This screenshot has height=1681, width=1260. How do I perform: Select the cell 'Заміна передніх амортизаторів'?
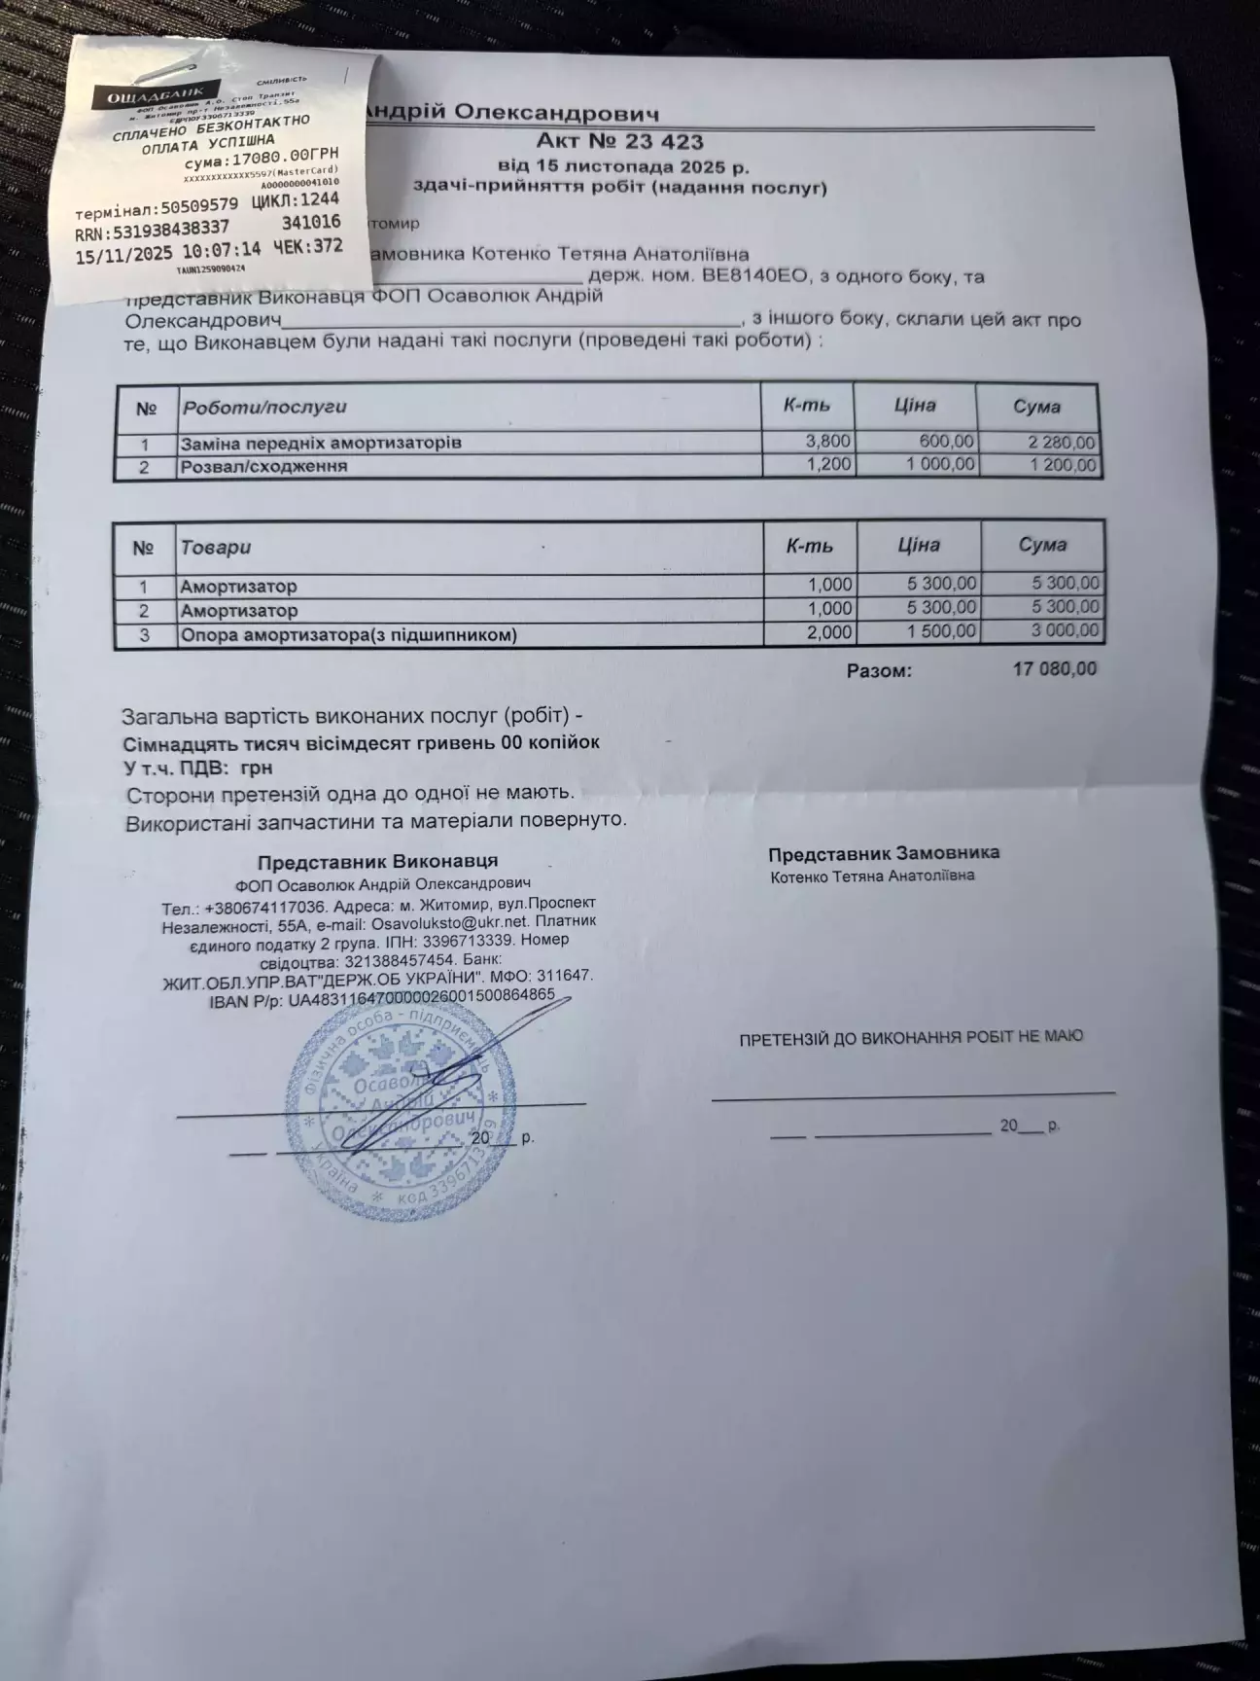[x=320, y=444]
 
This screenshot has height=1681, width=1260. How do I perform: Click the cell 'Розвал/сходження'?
[x=263, y=467]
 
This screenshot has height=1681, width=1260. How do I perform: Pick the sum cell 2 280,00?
[x=1062, y=444]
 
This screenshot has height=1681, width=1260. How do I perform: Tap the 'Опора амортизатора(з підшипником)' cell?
[x=347, y=635]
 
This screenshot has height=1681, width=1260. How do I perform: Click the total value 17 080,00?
[x=1055, y=669]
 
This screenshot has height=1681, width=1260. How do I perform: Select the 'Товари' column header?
[x=215, y=548]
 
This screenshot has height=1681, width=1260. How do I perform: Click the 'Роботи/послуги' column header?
[x=263, y=408]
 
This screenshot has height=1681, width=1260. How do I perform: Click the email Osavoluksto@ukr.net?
[x=452, y=924]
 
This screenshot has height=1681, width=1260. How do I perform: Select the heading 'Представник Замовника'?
[x=883, y=853]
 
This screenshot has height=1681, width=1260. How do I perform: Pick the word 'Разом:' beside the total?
[x=879, y=671]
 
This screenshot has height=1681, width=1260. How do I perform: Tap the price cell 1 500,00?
[x=940, y=631]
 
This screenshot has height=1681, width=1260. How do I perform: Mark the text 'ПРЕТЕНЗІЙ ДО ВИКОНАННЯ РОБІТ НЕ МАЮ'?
[x=911, y=1037]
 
